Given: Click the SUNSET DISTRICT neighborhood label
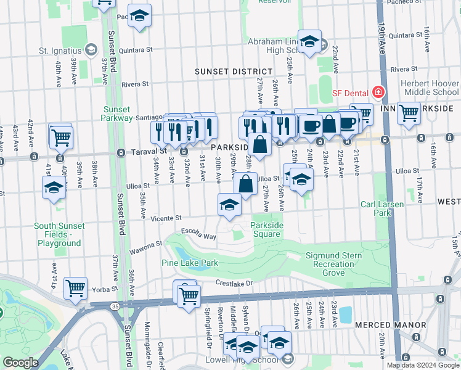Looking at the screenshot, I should [x=234, y=72].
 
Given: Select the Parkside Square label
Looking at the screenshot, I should [x=267, y=229].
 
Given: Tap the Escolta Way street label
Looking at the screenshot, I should [x=198, y=234].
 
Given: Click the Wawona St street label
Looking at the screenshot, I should [x=145, y=247].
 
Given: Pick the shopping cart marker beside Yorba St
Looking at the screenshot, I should [x=75, y=287].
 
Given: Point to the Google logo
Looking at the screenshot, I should [x=21, y=363].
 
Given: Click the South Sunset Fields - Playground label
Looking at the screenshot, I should [x=58, y=234].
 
